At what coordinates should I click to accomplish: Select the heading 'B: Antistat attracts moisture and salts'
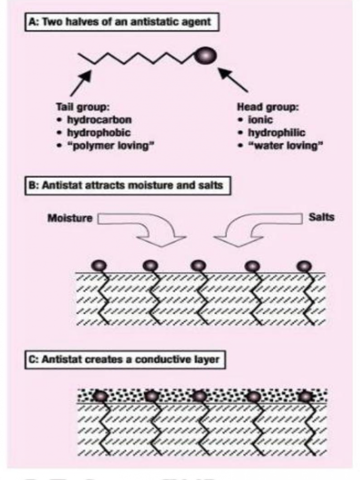click(127, 185)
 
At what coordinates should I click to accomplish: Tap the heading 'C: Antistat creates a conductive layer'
click(125, 360)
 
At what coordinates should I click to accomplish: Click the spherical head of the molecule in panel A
click(206, 56)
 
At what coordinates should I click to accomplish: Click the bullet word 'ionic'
click(260, 120)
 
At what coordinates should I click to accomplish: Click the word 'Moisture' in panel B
click(70, 218)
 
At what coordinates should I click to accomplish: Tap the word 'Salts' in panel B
click(322, 217)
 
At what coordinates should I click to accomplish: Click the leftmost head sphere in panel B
click(100, 266)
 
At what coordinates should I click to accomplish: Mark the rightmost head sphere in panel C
click(306, 397)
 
